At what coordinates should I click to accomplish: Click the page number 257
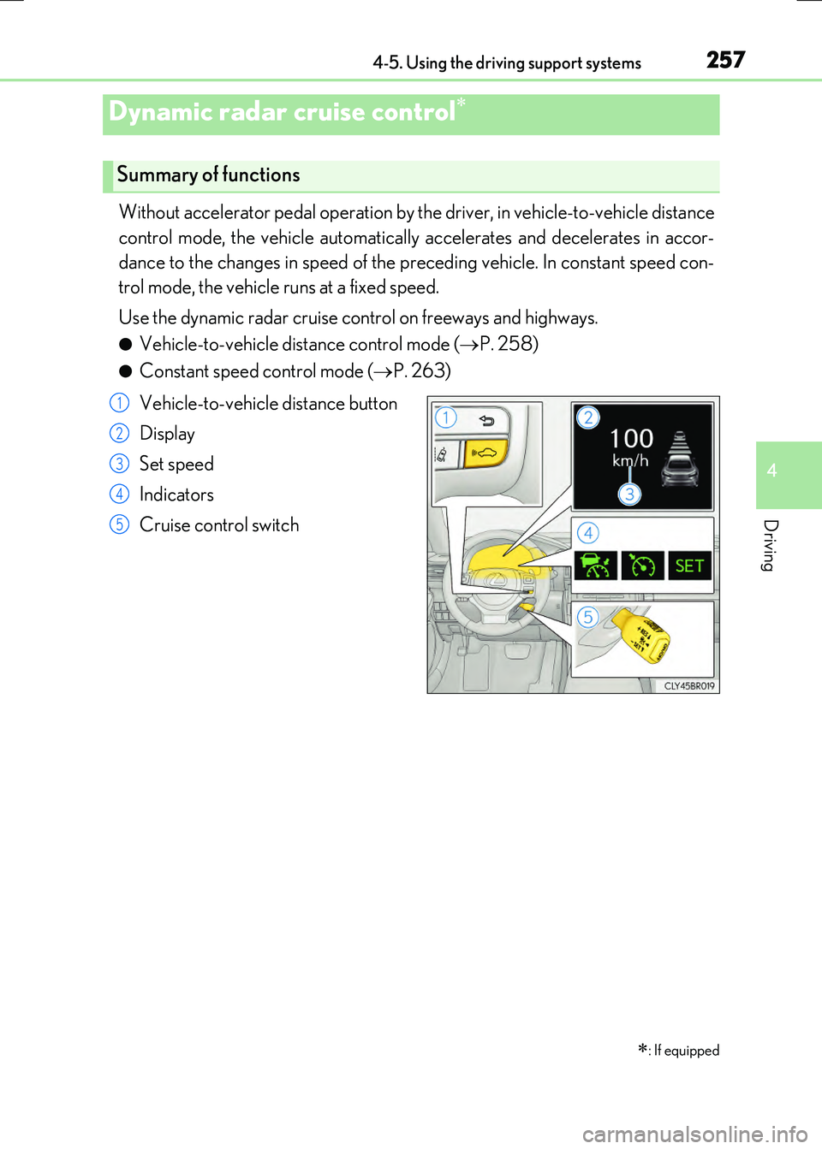725,60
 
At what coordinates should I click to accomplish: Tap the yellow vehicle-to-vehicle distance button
485,453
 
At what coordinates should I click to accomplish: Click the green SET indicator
689,566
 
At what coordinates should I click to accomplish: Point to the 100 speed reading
631,439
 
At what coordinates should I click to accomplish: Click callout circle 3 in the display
629,494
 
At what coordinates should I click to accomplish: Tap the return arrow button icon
486,420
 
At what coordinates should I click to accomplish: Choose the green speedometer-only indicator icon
642,566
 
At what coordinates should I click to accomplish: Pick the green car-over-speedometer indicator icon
595,566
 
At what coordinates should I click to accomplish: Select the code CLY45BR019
689,686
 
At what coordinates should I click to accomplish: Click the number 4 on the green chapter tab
772,471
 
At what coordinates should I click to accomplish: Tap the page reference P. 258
509,344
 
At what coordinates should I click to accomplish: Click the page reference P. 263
421,370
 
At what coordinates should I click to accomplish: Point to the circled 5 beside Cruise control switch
119,524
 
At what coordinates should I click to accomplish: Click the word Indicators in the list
176,495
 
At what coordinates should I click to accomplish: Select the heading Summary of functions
208,175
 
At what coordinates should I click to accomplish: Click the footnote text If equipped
686,1051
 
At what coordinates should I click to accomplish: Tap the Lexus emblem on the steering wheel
497,580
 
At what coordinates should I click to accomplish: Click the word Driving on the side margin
771,545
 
